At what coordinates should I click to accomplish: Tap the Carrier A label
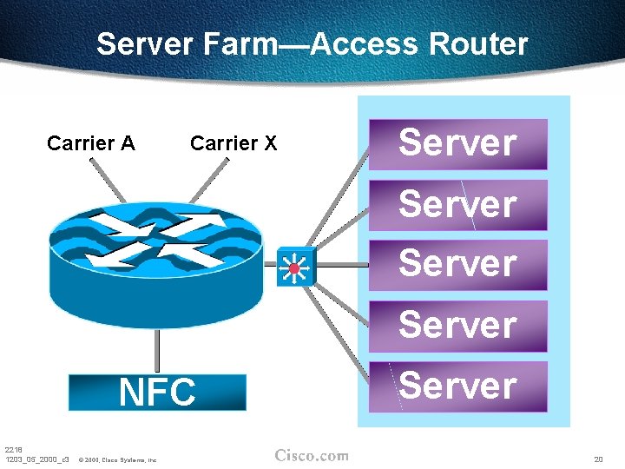pyautogui.click(x=91, y=143)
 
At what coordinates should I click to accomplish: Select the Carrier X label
pyautogui.click(x=234, y=143)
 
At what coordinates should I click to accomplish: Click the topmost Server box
pyautogui.click(x=458, y=144)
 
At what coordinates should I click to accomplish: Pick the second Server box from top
pyautogui.click(x=458, y=205)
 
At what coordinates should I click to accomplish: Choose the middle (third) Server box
pyautogui.click(x=458, y=264)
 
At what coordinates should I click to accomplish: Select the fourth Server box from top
pyautogui.click(x=458, y=325)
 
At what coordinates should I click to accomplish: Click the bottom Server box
pyautogui.click(x=458, y=386)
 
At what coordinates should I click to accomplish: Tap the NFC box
pyautogui.click(x=158, y=393)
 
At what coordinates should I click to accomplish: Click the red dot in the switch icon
pyautogui.click(x=294, y=268)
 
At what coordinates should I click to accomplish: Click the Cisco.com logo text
pyautogui.click(x=312, y=456)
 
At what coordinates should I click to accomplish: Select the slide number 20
pyautogui.click(x=598, y=458)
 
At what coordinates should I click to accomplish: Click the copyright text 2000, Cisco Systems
pyautogui.click(x=117, y=459)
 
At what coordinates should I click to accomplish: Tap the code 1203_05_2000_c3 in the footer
pyautogui.click(x=36, y=459)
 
